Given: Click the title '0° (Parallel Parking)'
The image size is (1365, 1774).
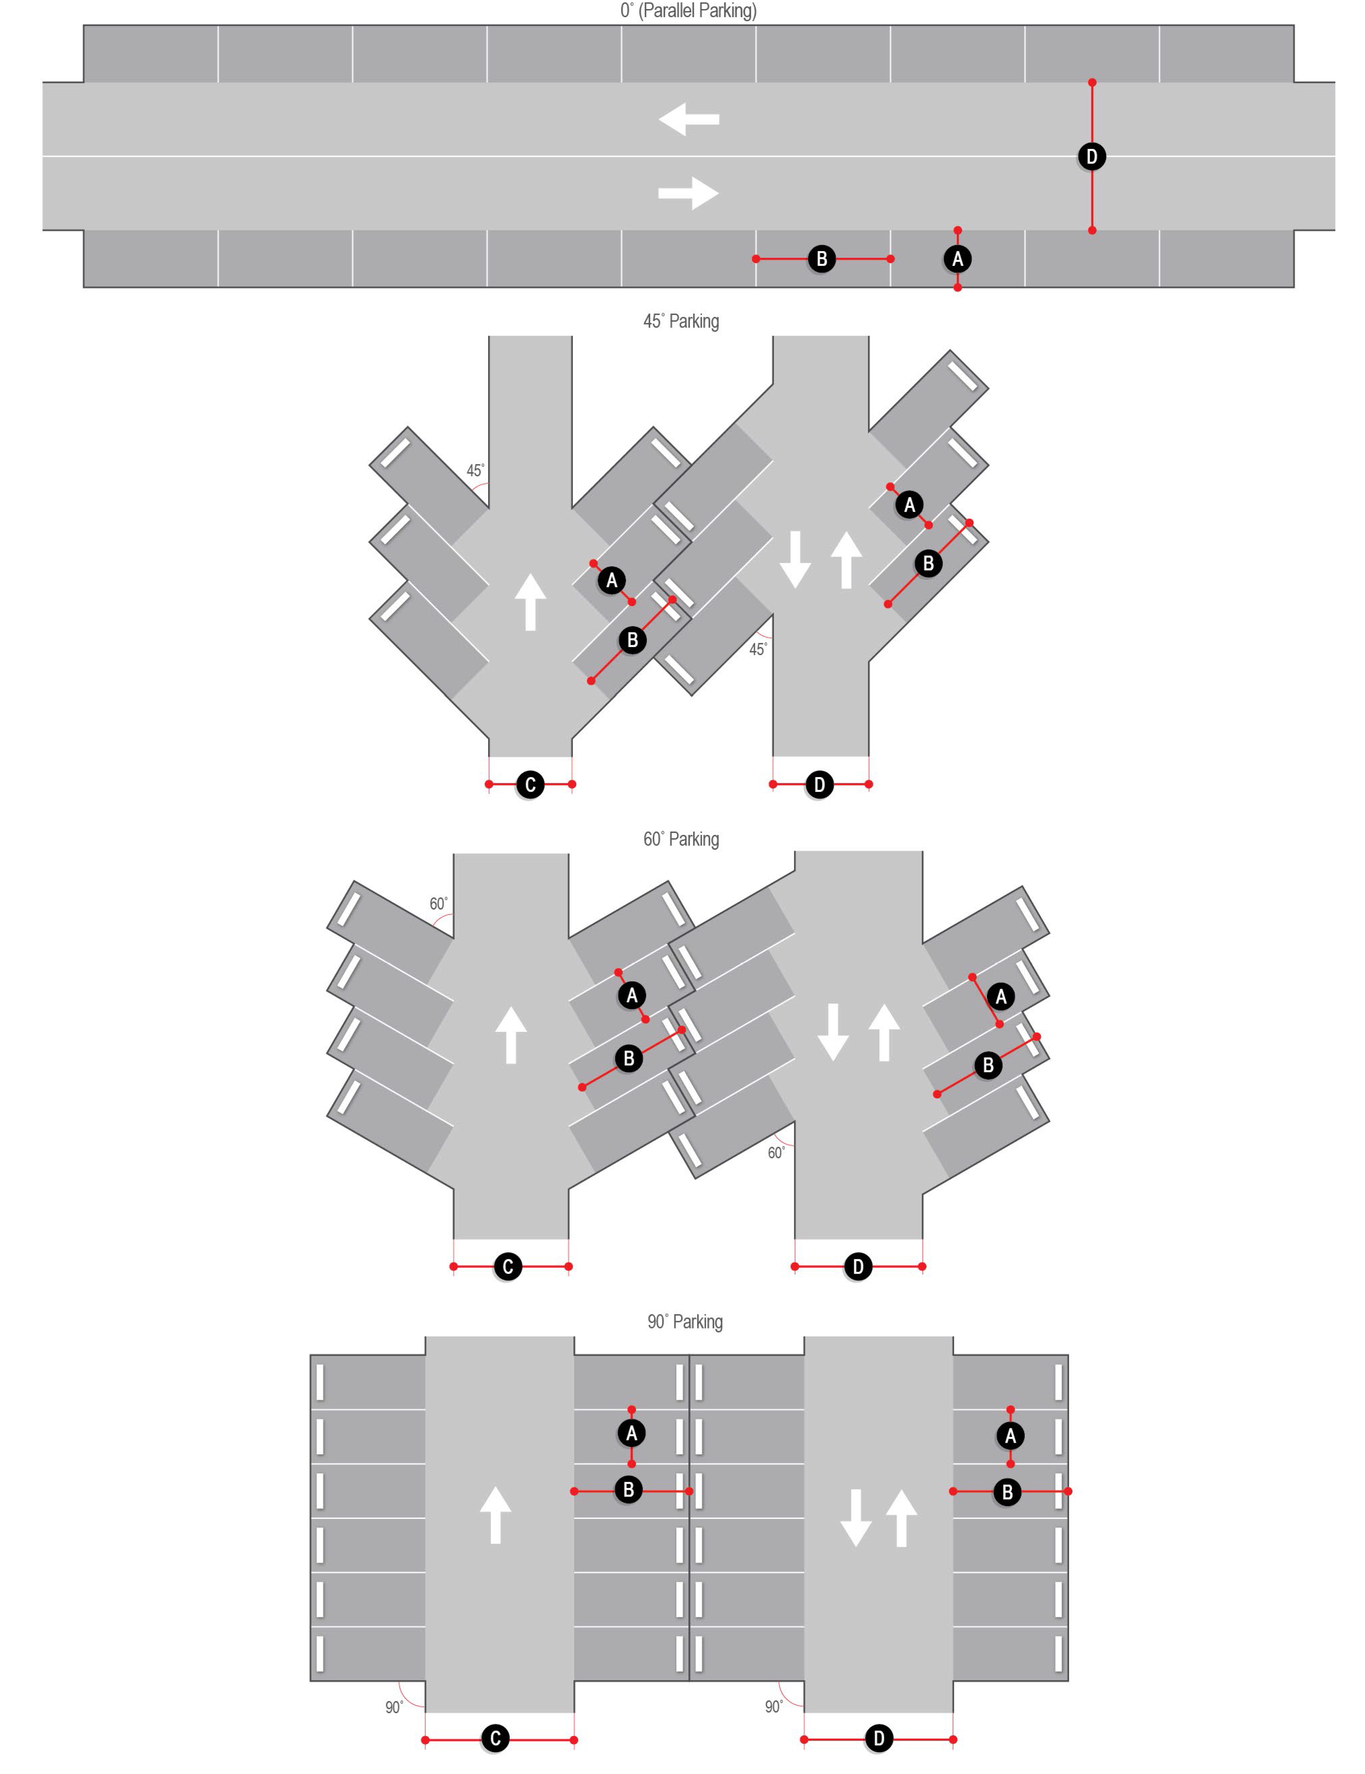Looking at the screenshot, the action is [688, 10].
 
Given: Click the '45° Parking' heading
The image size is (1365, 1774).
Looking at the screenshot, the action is [681, 321].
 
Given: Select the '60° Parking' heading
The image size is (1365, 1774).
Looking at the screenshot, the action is [681, 839].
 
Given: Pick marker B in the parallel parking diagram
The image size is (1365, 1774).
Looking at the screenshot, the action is [822, 259].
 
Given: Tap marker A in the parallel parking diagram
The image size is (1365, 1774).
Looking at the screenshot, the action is [957, 259].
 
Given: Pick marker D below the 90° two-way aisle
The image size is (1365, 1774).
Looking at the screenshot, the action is [878, 1739].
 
